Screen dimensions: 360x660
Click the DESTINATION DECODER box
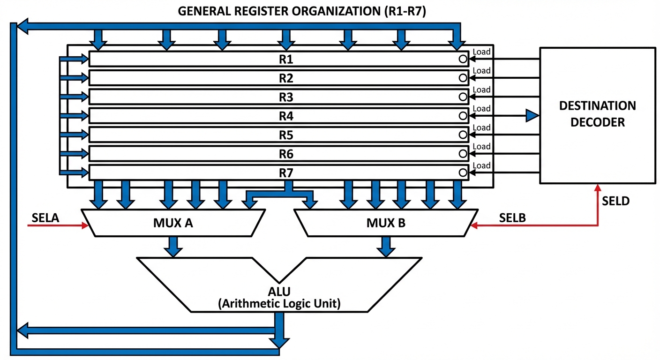click(597, 115)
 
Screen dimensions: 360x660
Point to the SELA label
click(46, 217)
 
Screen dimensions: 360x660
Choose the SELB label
click(512, 217)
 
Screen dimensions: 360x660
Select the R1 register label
click(286, 59)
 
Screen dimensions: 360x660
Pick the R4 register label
click(286, 115)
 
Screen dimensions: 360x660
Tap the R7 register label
click(286, 172)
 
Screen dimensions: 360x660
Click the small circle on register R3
click(463, 97)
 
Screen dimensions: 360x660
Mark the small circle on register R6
click(463, 153)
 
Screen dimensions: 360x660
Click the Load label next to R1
click(482, 52)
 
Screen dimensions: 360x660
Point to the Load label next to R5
click(482, 127)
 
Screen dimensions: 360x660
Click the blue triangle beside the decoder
click(532, 115)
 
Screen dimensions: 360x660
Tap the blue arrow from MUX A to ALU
click(173, 247)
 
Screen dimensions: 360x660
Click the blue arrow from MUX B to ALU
click(385, 247)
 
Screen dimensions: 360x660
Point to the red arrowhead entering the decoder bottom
click(598, 187)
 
